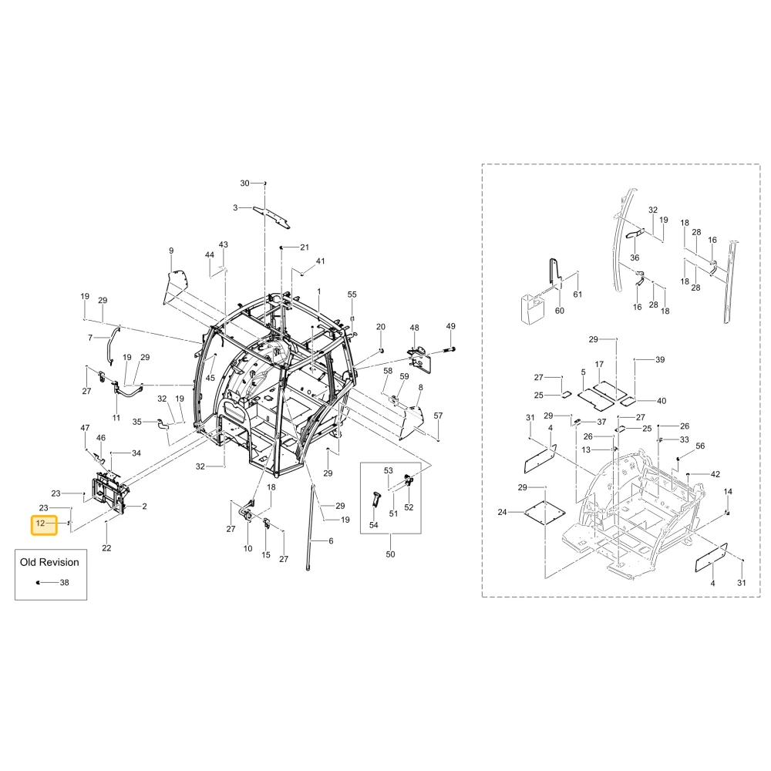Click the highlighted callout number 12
click(x=40, y=524)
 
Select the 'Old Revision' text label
click(x=49, y=562)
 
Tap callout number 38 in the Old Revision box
click(x=65, y=583)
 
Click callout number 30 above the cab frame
click(x=244, y=183)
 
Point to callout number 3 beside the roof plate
click(x=235, y=208)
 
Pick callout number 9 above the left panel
click(x=171, y=251)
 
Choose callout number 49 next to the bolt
click(x=450, y=326)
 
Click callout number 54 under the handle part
click(x=374, y=525)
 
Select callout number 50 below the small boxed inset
click(x=390, y=554)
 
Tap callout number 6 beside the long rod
click(x=331, y=541)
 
